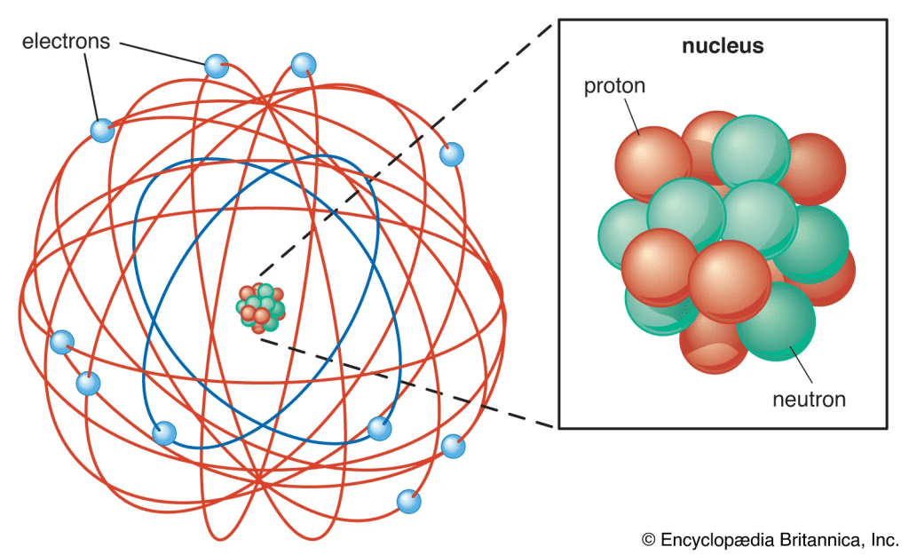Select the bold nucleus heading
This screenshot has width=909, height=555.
coord(722,47)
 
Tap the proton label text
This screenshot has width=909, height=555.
coord(614,86)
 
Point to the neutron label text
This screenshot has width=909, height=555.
coord(808,399)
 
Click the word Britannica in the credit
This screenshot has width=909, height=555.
coord(821,538)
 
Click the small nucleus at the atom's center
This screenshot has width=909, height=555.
coord(259,307)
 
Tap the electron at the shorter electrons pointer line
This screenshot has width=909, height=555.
coord(103,131)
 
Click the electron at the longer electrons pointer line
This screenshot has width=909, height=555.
coord(217,66)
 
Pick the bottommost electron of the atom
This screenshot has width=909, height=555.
coord(408,502)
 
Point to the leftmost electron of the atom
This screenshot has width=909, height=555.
coord(62,342)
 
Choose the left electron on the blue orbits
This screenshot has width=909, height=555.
coord(164,433)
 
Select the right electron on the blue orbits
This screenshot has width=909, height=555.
coord(380,429)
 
